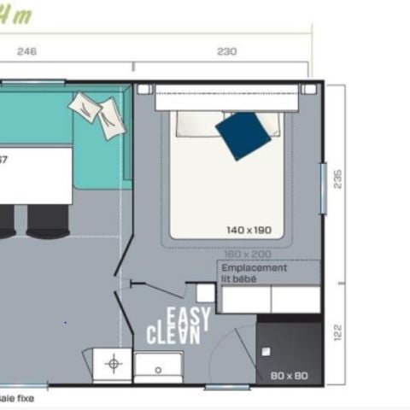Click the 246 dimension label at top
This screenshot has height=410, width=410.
[27, 51]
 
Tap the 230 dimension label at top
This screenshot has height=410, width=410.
[226, 51]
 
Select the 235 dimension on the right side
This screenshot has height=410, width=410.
[337, 179]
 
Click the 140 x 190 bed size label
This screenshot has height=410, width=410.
[249, 230]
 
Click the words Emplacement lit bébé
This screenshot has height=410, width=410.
[254, 272]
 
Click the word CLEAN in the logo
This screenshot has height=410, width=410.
[173, 334]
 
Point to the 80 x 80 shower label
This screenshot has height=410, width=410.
[288, 375]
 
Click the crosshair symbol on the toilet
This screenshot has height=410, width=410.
[112, 365]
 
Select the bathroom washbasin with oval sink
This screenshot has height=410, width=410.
[158, 366]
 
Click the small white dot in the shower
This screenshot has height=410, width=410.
[266, 351]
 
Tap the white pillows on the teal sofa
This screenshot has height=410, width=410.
[99, 113]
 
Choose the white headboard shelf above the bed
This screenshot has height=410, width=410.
[225, 102]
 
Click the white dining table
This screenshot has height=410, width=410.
[36, 175]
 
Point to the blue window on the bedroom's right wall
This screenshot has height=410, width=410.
[323, 187]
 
